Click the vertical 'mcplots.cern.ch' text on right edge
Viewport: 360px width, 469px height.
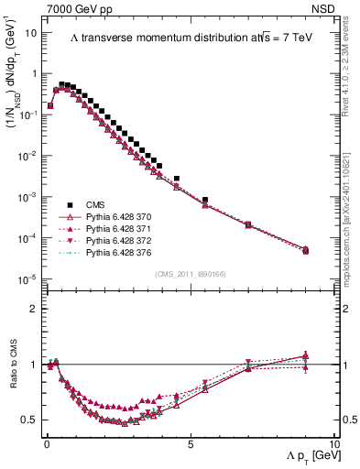tap(352, 220)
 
